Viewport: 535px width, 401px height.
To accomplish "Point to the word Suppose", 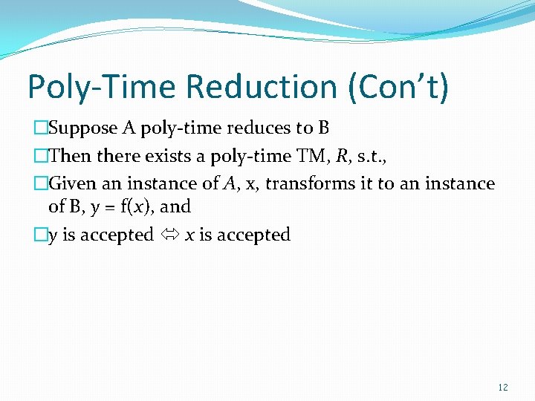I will pos(83,128).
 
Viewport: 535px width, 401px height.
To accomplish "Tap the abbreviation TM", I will pos(305,156).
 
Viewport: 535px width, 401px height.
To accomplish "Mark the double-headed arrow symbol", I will pos(169,235).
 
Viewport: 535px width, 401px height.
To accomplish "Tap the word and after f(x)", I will pos(175,206).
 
